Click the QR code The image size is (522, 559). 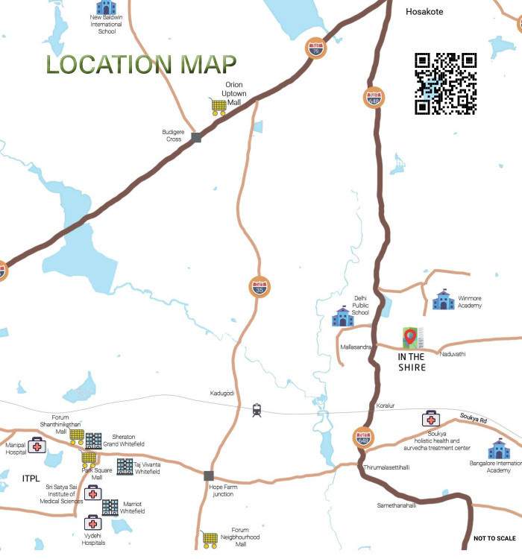[x=445, y=83]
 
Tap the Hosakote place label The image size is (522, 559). [x=424, y=12]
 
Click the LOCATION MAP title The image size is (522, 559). [x=141, y=64]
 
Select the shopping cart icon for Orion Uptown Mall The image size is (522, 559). [x=218, y=107]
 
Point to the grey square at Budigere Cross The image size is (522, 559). [x=196, y=137]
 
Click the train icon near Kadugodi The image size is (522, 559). [x=257, y=409]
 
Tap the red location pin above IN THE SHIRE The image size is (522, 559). [x=409, y=337]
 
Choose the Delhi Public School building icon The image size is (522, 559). [x=342, y=317]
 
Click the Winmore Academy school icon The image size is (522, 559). [x=443, y=300]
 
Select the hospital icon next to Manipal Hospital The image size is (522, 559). [x=37, y=446]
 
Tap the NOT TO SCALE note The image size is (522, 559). [x=494, y=538]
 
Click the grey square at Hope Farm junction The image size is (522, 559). [x=209, y=475]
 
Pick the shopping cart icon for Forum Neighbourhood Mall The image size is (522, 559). [x=210, y=538]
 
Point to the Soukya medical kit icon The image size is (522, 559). [x=430, y=419]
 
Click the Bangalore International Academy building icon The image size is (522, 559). [x=499, y=449]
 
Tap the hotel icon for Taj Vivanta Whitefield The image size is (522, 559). [x=125, y=467]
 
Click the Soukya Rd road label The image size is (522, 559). [x=473, y=421]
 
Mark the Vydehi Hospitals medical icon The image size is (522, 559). [x=93, y=522]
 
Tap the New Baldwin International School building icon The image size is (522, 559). [x=106, y=7]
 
